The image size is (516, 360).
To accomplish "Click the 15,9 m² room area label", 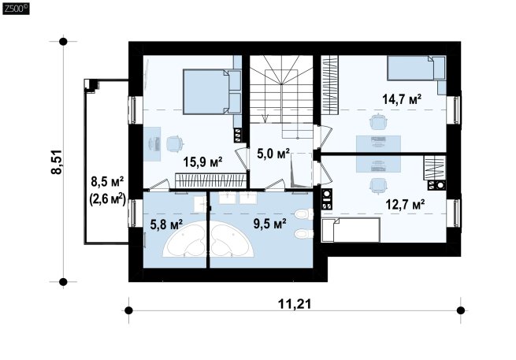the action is [x=202, y=162].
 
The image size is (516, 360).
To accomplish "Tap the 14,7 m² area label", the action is [x=402, y=98].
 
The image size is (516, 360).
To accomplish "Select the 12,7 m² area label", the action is [x=405, y=204].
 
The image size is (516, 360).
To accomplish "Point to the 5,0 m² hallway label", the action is [x=273, y=154].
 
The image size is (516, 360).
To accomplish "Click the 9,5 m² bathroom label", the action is [x=269, y=224].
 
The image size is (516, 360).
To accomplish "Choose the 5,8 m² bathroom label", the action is [x=166, y=225].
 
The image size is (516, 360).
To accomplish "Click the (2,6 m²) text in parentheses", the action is [x=107, y=199].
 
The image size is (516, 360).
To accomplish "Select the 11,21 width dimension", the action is [x=295, y=304].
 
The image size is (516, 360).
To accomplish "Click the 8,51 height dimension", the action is [x=56, y=162].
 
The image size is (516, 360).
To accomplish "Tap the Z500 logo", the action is [x=16, y=9].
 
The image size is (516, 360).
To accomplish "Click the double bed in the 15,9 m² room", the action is [x=212, y=92].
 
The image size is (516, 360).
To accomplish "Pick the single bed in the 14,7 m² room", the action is [x=417, y=68].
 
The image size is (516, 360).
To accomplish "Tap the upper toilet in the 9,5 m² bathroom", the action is [x=304, y=214].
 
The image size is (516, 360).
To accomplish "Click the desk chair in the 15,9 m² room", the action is [x=174, y=144].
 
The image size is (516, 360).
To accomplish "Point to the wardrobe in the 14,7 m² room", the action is [x=330, y=85].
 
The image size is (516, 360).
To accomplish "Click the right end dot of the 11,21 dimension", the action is [x=461, y=310].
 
